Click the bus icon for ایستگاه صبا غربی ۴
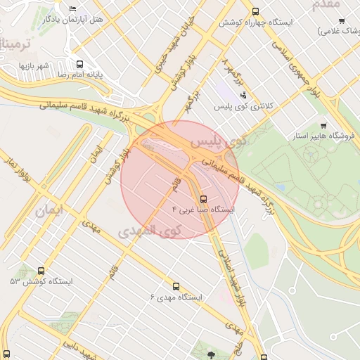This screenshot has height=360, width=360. [203, 198]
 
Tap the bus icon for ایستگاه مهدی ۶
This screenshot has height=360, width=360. [176, 286]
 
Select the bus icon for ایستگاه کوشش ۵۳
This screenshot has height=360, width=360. [41, 271]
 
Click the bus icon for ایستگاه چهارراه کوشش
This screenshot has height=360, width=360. [255, 11]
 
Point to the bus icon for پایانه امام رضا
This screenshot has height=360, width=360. [79, 63]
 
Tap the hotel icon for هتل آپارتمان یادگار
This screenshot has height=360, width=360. [74, 8]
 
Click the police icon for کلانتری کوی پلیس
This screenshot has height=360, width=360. [243, 95]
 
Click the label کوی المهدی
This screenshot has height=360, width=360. [150, 231]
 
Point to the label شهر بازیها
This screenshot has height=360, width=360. [33, 65]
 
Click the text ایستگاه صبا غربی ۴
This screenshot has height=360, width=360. [203, 210]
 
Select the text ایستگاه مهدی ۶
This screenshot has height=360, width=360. [176, 297]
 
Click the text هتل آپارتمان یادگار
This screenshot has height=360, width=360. [73, 19]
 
